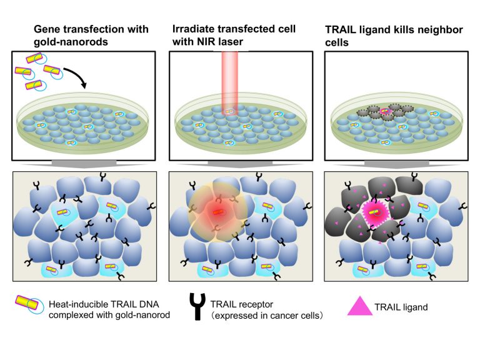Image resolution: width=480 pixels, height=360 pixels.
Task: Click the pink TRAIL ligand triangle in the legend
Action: (360, 307)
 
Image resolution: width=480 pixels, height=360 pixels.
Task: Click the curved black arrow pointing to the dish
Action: (75, 77)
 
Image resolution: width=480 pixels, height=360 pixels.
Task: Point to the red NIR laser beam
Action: (230, 83)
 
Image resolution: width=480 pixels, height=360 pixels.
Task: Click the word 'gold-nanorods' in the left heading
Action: (71, 42)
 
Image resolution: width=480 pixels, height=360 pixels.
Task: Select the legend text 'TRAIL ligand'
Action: (401, 307)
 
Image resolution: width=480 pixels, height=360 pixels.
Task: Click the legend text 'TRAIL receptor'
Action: (241, 304)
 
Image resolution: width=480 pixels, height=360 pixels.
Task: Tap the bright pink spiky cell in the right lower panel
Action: (375, 212)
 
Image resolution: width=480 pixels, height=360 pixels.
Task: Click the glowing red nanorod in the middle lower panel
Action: (217, 212)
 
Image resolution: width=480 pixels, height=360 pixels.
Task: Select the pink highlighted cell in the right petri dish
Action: (386, 111)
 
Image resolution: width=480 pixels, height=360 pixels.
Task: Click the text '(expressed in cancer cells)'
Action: (267, 316)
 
